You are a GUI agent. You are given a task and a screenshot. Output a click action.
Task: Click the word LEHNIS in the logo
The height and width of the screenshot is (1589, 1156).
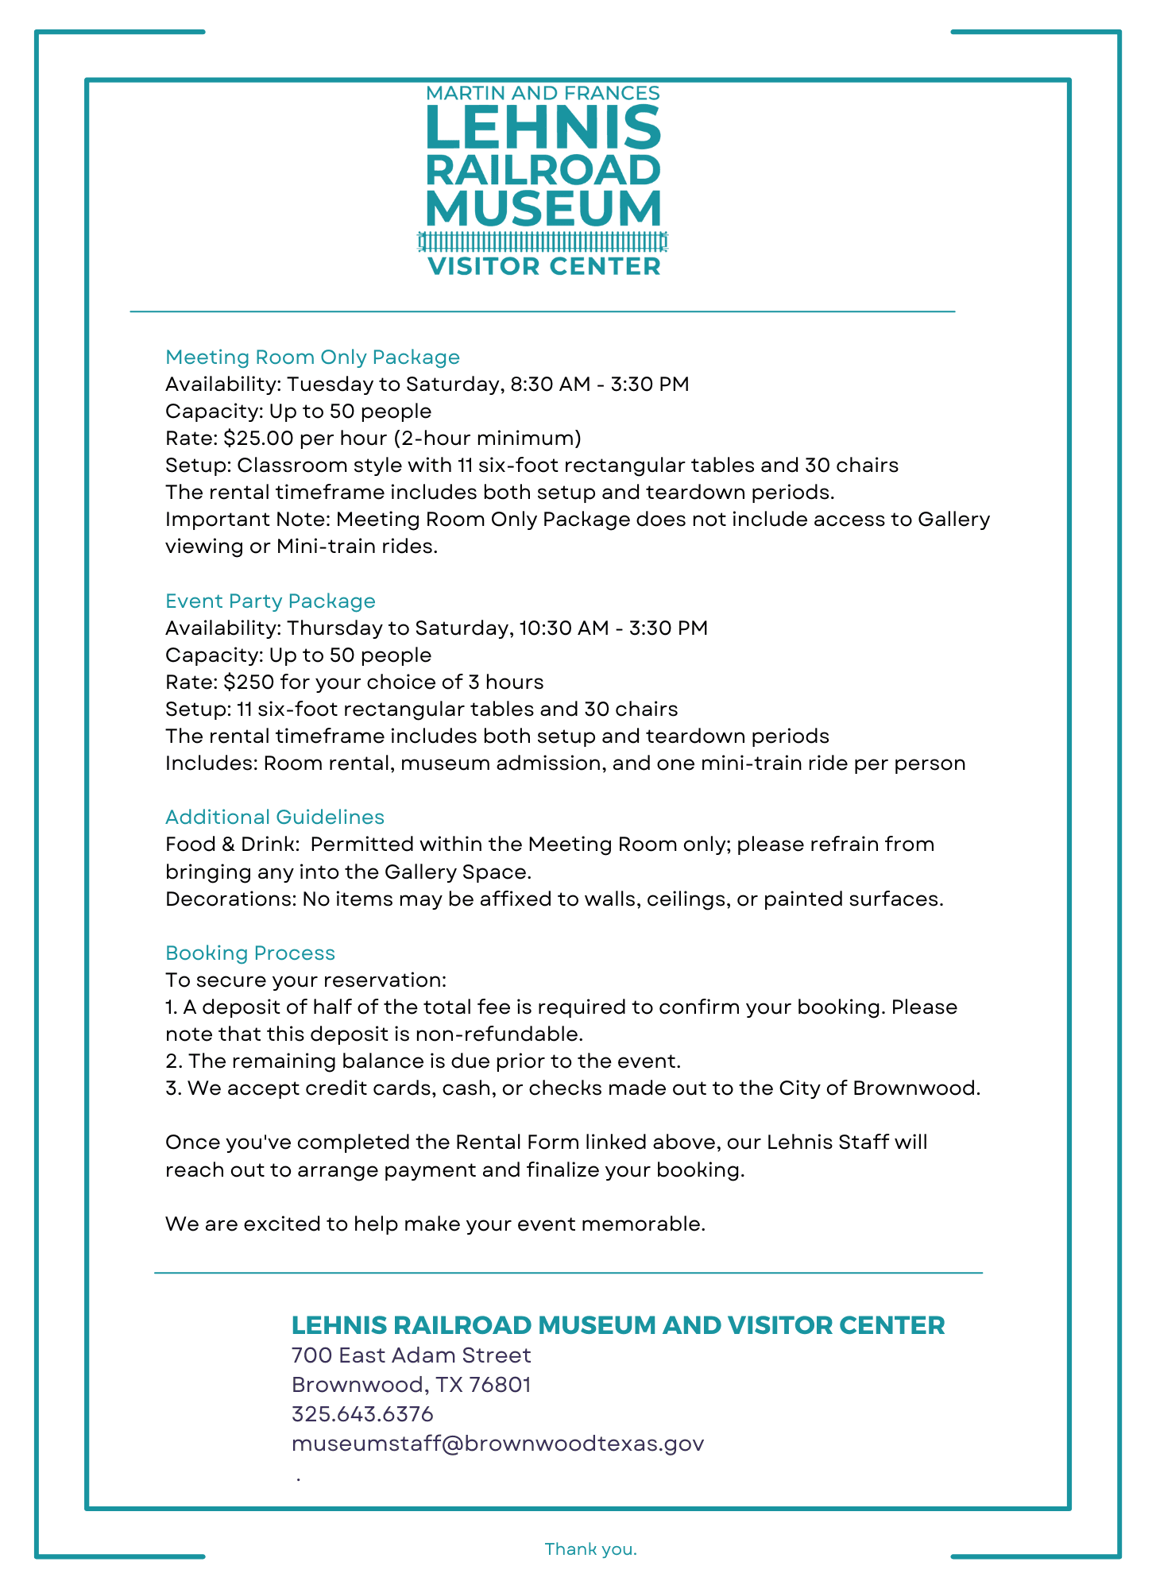pyautogui.click(x=543, y=127)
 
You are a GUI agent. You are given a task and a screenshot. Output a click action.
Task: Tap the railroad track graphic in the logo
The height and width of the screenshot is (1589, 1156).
pyautogui.click(x=543, y=241)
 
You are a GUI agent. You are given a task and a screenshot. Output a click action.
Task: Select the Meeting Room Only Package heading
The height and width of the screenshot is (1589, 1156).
pyautogui.click(x=312, y=358)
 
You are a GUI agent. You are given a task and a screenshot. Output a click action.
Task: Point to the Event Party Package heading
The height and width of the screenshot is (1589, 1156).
pyautogui.click(x=270, y=601)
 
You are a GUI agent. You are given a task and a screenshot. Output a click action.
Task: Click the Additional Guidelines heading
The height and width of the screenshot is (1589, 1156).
pyautogui.click(x=275, y=818)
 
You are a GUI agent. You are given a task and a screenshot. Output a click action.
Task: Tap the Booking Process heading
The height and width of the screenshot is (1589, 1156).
pyautogui.click(x=250, y=953)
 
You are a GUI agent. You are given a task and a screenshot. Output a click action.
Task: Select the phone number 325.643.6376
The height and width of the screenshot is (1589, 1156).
pyautogui.click(x=362, y=1414)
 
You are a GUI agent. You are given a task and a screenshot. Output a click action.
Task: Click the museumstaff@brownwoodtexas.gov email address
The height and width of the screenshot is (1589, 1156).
pyautogui.click(x=497, y=1444)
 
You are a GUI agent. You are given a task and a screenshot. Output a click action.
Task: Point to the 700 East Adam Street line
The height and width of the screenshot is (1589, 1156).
pyautogui.click(x=411, y=1355)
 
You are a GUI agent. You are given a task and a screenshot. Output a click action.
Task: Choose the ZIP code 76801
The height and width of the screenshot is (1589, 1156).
pyautogui.click(x=500, y=1385)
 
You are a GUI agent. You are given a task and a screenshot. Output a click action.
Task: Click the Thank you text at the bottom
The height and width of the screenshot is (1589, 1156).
pyautogui.click(x=590, y=1549)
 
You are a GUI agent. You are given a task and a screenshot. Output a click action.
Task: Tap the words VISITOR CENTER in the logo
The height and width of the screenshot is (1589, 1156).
pyautogui.click(x=544, y=266)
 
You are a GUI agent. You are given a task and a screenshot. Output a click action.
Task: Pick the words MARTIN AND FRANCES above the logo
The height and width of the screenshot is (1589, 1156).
pyautogui.click(x=543, y=94)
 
